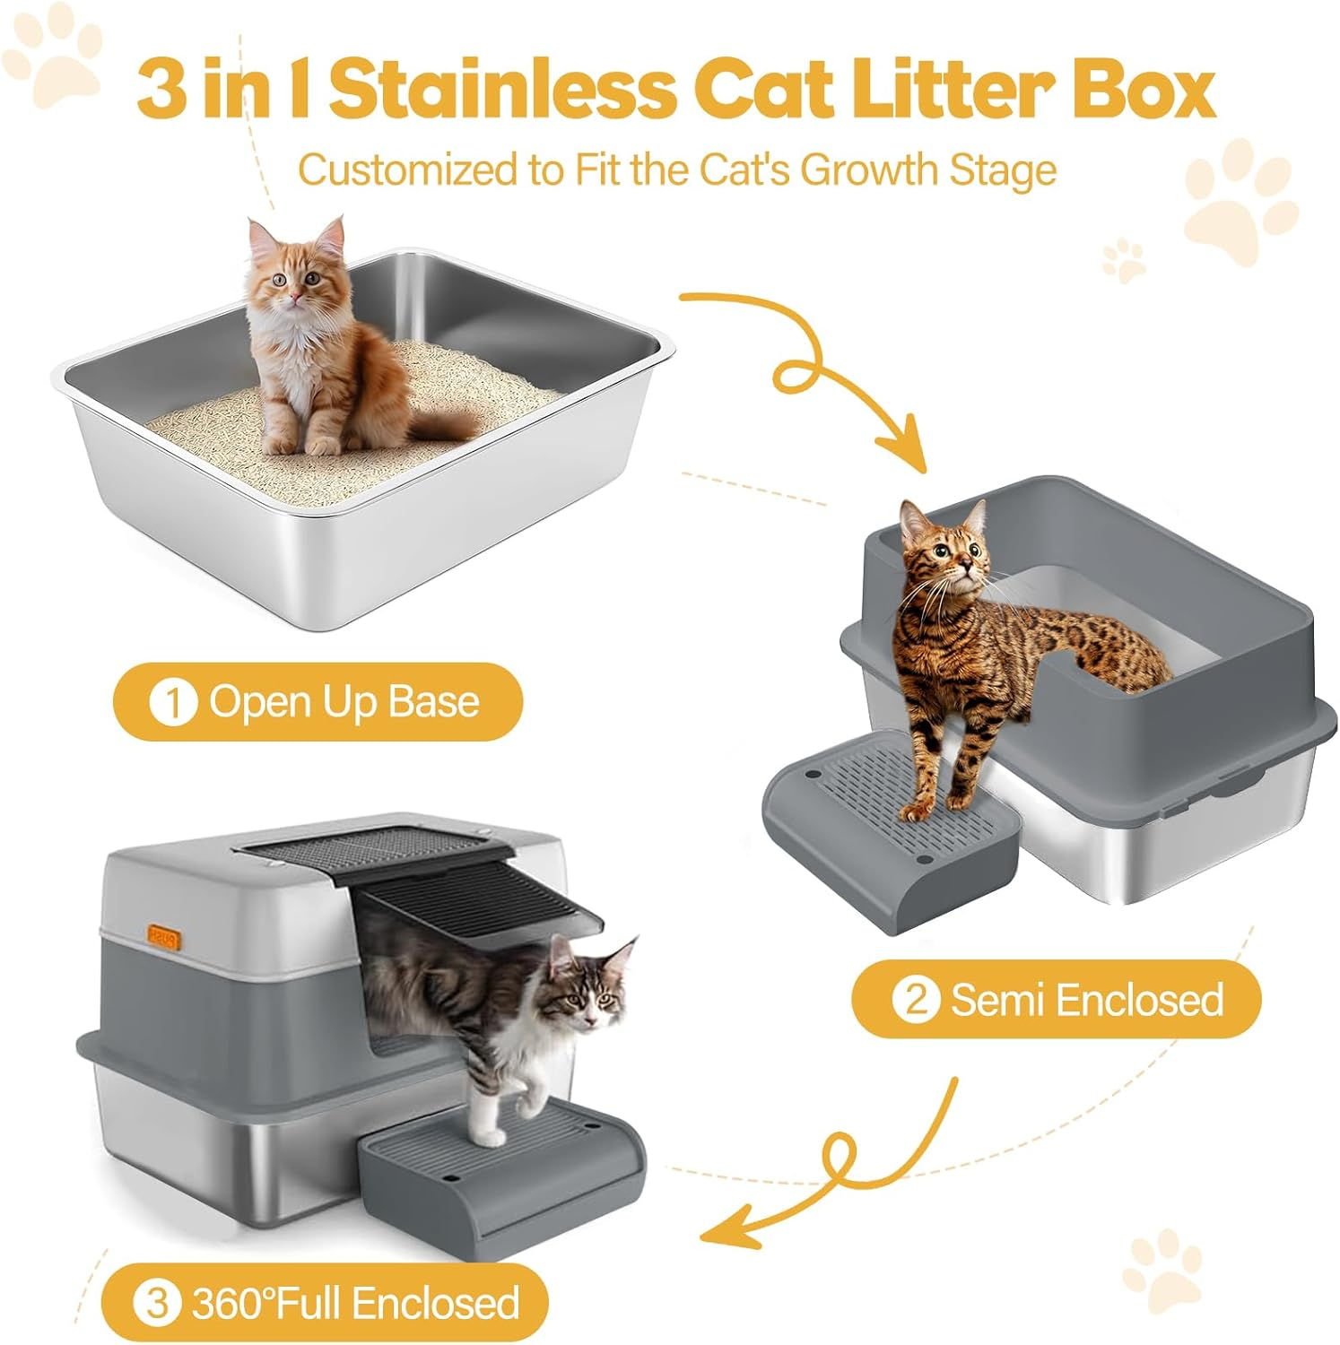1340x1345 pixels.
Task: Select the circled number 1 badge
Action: (172, 702)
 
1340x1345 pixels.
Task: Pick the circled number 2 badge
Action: (915, 999)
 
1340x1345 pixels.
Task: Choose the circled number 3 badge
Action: (157, 1303)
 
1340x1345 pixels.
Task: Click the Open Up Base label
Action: (344, 702)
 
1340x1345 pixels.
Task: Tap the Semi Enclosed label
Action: (1086, 999)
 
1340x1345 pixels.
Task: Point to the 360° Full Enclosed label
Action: (355, 1303)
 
